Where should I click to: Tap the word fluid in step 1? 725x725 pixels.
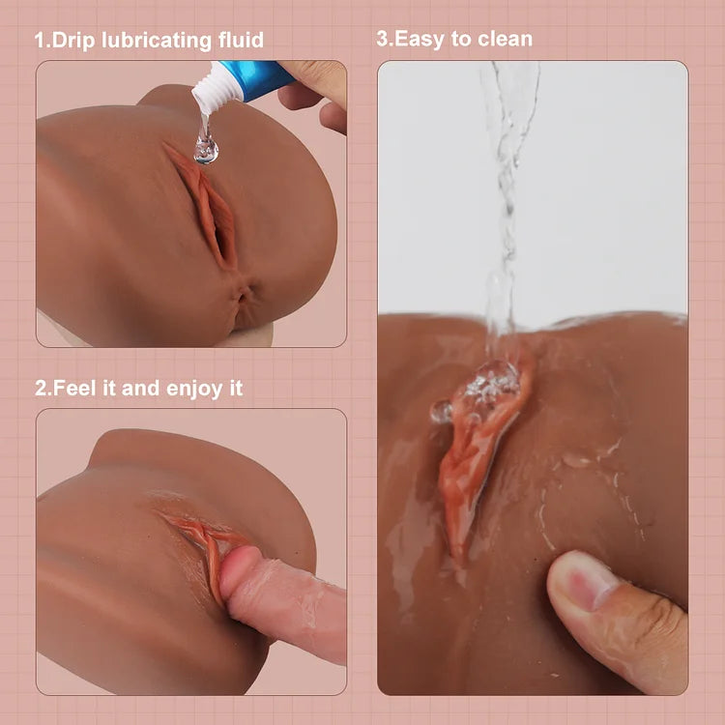click(x=239, y=41)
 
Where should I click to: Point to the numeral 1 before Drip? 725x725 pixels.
click(x=40, y=41)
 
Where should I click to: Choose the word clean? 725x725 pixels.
click(x=504, y=40)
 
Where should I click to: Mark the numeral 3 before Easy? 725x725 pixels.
click(x=382, y=40)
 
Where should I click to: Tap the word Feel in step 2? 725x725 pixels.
click(x=74, y=389)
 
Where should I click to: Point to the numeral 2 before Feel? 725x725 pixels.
click(x=41, y=389)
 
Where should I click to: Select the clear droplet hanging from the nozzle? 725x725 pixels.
click(x=205, y=147)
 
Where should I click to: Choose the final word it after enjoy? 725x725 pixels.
click(x=235, y=389)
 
